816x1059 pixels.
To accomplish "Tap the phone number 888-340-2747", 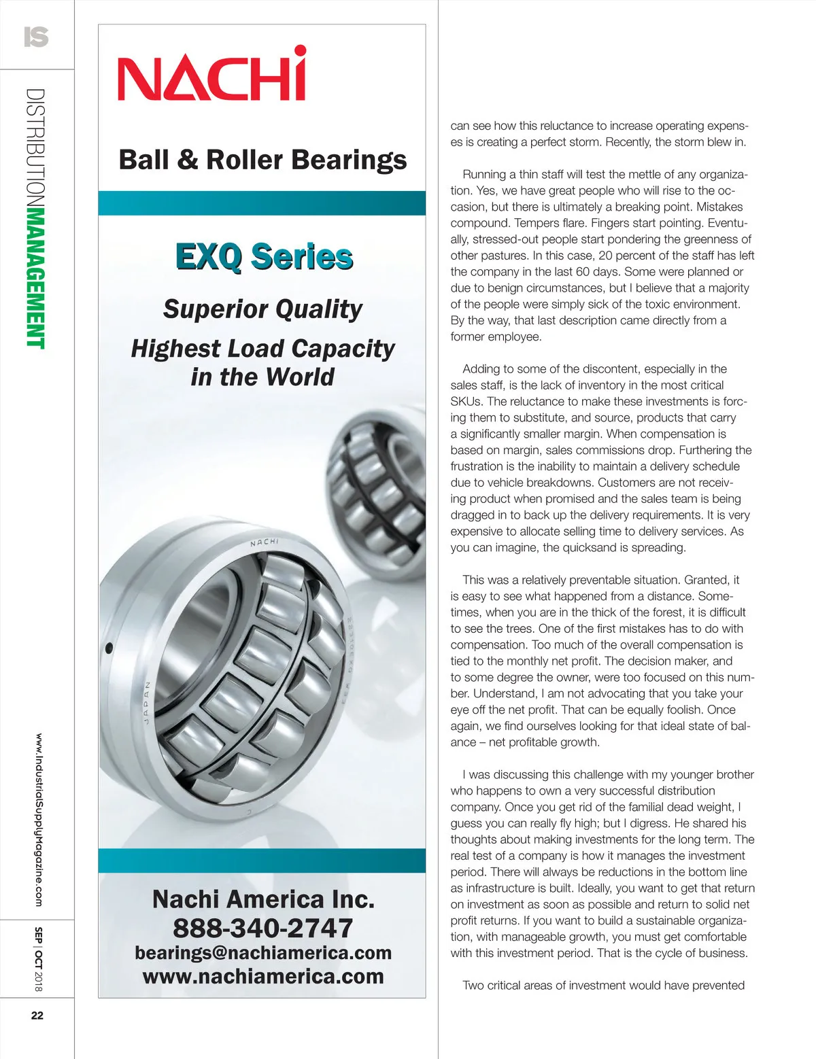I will click(x=262, y=928).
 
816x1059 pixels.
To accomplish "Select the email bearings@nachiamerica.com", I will click(x=263, y=952).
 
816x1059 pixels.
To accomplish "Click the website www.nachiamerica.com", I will click(x=263, y=977).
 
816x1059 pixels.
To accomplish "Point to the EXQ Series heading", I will click(x=264, y=257).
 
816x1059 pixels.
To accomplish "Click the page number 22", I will click(x=37, y=1015).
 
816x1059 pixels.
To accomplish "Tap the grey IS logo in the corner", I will click(x=36, y=36).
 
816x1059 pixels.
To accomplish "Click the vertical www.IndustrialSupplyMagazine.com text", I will click(x=39, y=819).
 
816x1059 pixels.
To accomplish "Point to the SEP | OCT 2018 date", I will click(x=39, y=958).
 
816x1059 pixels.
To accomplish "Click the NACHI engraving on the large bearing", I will click(x=264, y=542).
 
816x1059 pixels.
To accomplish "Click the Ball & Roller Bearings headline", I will click(x=262, y=160).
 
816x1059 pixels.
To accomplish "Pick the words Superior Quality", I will click(x=262, y=309).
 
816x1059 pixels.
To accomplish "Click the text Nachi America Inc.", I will click(x=263, y=899).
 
